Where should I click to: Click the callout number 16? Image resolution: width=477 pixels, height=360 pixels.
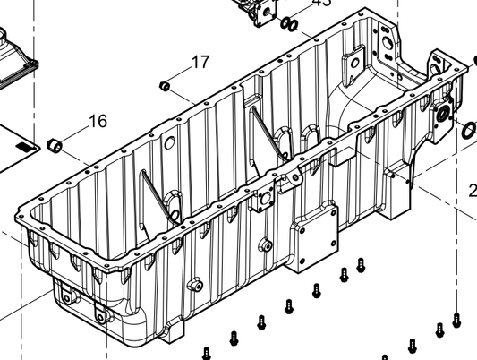coord(97,121)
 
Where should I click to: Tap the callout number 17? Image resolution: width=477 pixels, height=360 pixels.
coord(200,63)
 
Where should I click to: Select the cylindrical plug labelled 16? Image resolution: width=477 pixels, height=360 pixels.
coord(54,143)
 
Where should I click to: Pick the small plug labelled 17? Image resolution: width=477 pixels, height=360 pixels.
coord(164,86)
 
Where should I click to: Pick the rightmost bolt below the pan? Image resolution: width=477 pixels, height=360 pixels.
coord(456,320)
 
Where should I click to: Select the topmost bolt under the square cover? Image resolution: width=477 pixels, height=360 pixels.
coord(361,264)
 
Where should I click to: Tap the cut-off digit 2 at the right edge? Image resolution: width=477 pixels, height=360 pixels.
coord(473,190)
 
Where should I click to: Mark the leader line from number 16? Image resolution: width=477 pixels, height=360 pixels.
coord(75,132)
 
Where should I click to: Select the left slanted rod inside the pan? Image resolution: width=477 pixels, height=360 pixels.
coord(152,193)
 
